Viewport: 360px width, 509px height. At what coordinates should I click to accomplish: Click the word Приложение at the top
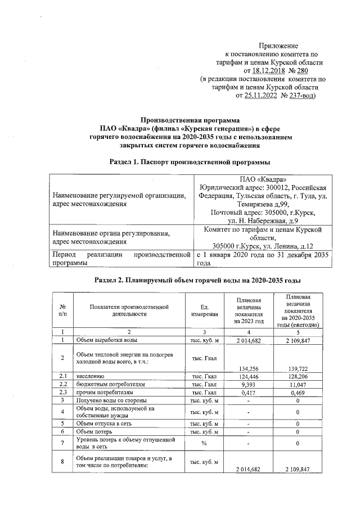pos(278,45)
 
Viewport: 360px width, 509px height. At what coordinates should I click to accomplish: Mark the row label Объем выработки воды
pos(106,340)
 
